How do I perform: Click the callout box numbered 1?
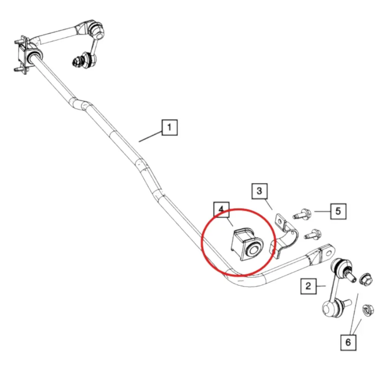[x=170, y=127]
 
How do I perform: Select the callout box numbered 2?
[x=308, y=286]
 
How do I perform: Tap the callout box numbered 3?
[x=259, y=191]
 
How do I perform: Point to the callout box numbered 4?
[x=221, y=209]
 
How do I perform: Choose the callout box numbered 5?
[x=338, y=211]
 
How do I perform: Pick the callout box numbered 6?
[x=348, y=342]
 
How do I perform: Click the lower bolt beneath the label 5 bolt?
[x=313, y=234]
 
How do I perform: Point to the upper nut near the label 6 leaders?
[x=366, y=279]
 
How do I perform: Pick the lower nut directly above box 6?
[x=368, y=310]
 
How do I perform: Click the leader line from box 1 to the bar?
[x=150, y=136]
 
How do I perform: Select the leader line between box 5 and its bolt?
[x=322, y=212]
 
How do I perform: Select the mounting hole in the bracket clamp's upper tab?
[x=280, y=221]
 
